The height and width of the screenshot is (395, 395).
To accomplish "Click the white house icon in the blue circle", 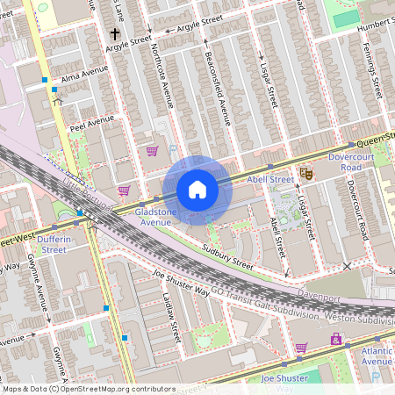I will pyautogui.click(x=197, y=189).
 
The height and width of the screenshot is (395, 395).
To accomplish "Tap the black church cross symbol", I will pyautogui.click(x=114, y=34).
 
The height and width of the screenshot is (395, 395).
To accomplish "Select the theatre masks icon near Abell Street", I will pyautogui.click(x=305, y=174).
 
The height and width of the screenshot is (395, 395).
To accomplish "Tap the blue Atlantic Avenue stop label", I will pyautogui.click(x=377, y=356).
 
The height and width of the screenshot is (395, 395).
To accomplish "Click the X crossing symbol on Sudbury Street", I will pyautogui.click(x=347, y=265).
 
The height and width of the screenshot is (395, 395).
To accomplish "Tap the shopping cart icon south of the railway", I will pyautogui.click(x=300, y=348).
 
